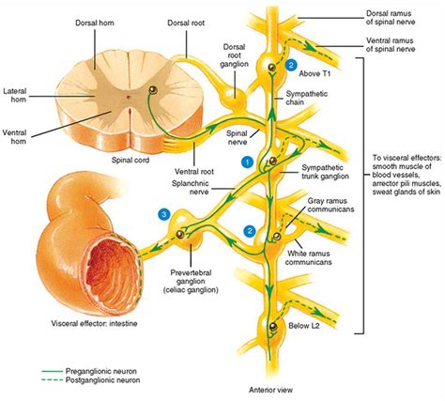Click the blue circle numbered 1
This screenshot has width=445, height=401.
(x=248, y=162)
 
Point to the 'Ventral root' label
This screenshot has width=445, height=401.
(x=193, y=172)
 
